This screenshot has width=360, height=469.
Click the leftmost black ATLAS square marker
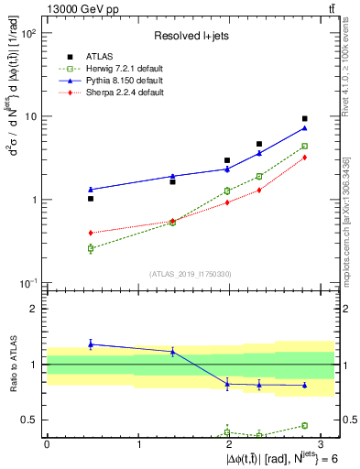click(x=91, y=199)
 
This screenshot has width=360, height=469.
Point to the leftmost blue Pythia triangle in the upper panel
click(x=91, y=190)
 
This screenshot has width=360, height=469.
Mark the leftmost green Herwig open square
click(x=91, y=248)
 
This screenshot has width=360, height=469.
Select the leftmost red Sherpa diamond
click(x=91, y=233)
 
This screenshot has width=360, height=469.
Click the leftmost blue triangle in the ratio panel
click(x=91, y=344)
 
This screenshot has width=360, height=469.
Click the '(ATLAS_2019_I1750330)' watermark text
click(x=190, y=274)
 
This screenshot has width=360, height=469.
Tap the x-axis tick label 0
click(x=47, y=444)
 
